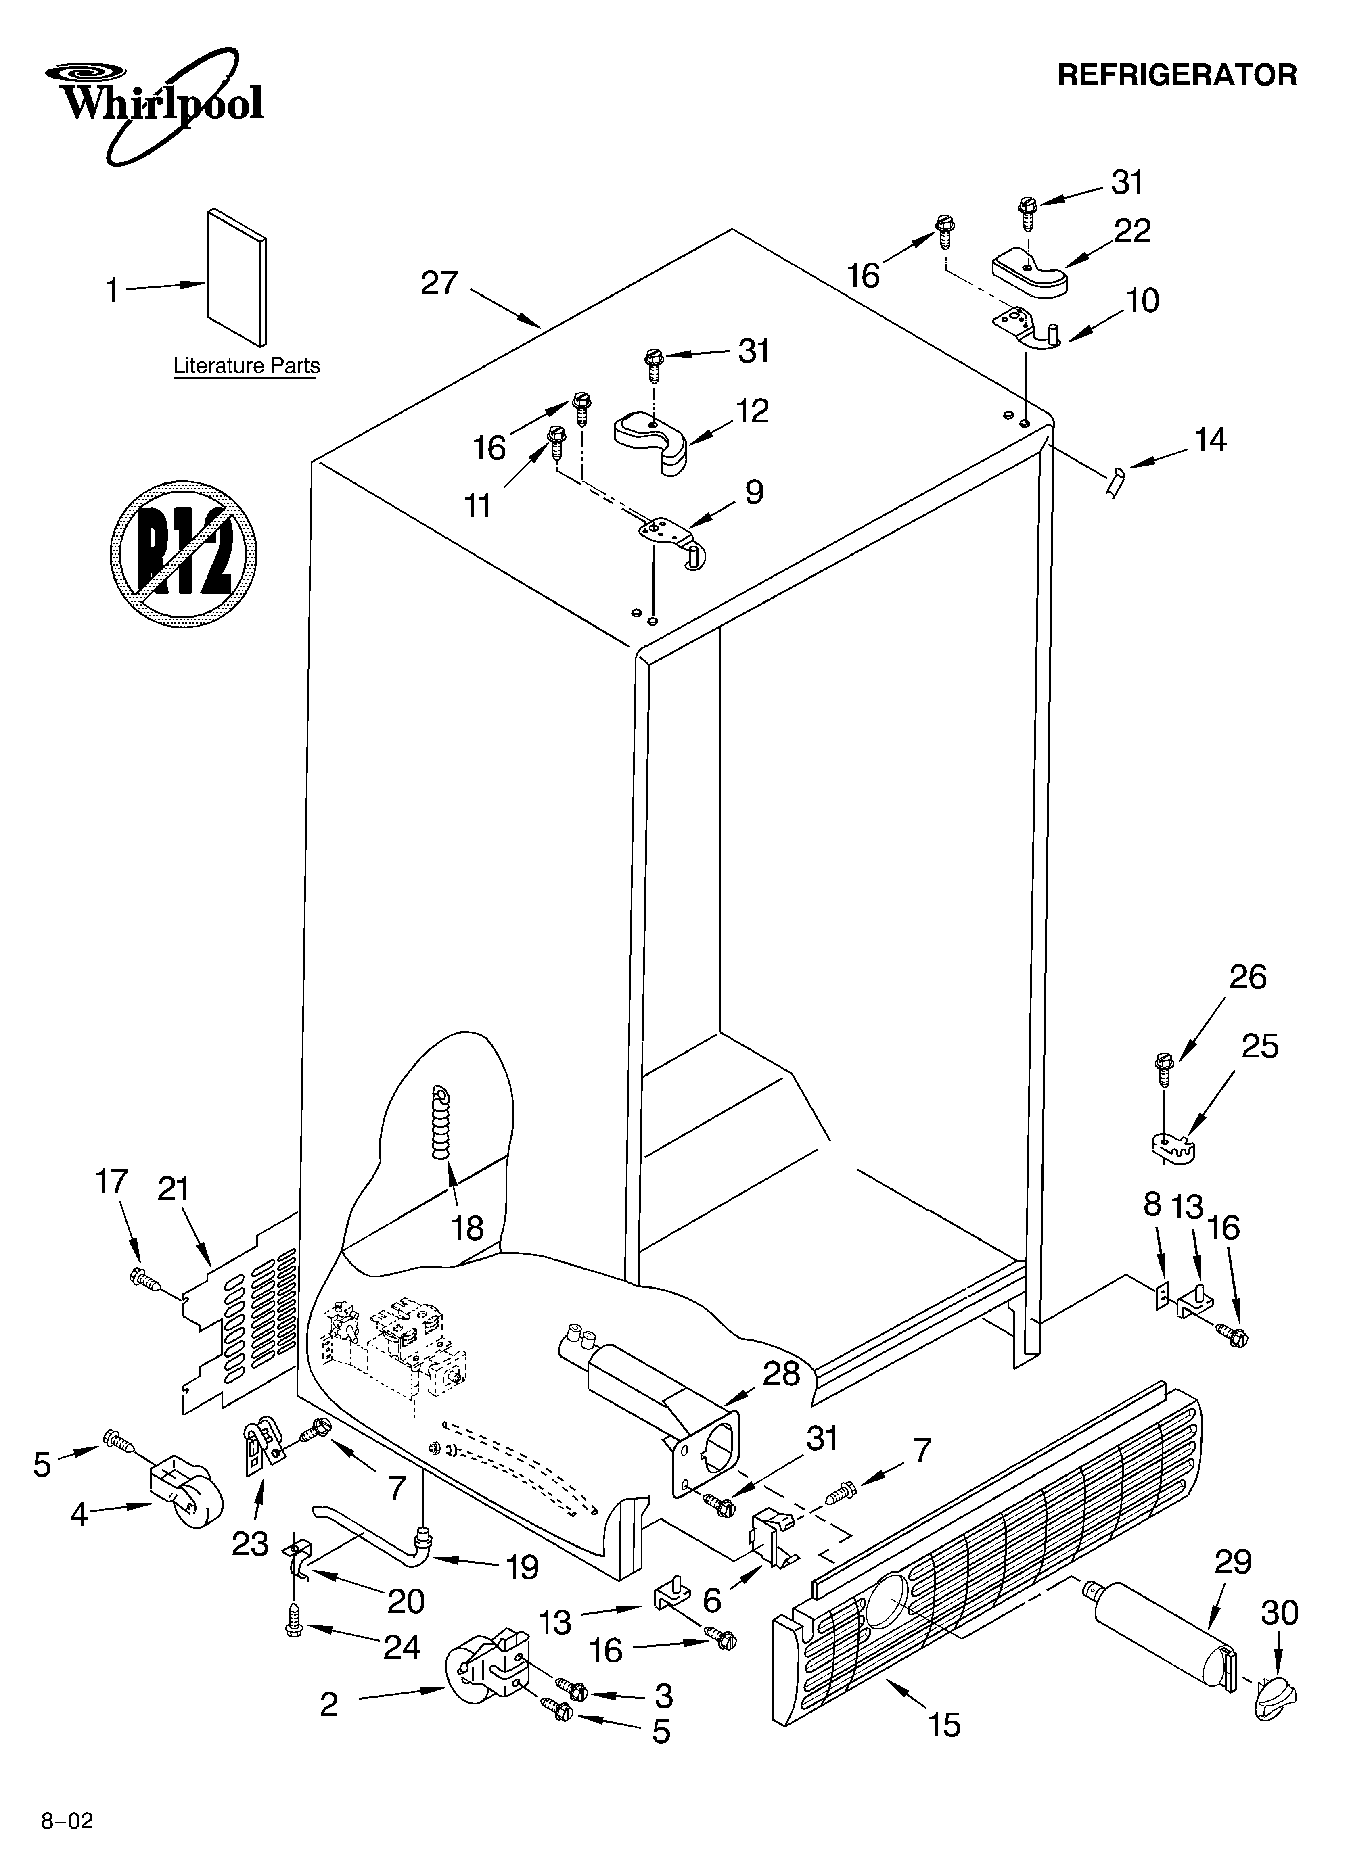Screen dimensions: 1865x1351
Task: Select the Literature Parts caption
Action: point(246,366)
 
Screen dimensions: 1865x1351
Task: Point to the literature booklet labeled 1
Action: point(236,276)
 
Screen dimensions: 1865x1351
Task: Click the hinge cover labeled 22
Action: point(1029,273)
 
